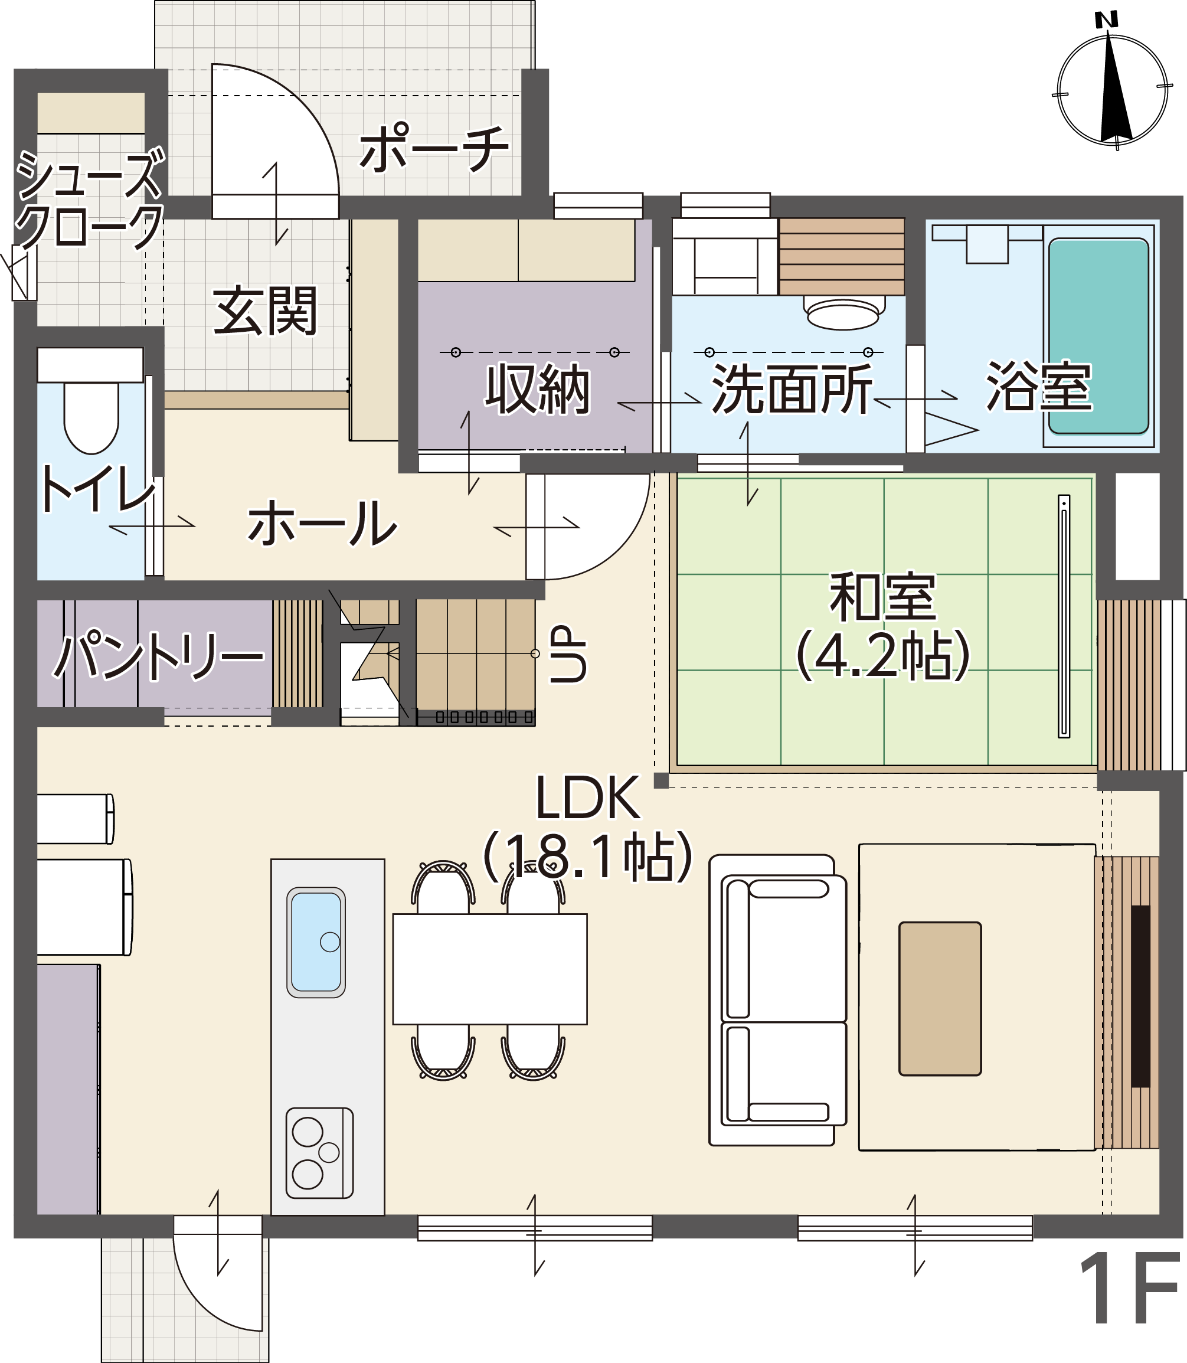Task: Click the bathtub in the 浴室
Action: pyautogui.click(x=1098, y=336)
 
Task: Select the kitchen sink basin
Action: pyautogui.click(x=316, y=943)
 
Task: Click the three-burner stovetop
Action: pyautogui.click(x=319, y=1153)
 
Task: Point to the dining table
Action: pyautogui.click(x=489, y=969)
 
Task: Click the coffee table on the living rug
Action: pyautogui.click(x=940, y=999)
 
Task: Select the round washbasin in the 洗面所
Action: pyautogui.click(x=844, y=313)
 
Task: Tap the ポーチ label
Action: pyautogui.click(x=434, y=148)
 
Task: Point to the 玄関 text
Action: pyautogui.click(x=266, y=310)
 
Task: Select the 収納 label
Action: pyautogui.click(x=538, y=389)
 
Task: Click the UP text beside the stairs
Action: pyautogui.click(x=568, y=653)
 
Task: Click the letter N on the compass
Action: pyautogui.click(x=1107, y=21)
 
